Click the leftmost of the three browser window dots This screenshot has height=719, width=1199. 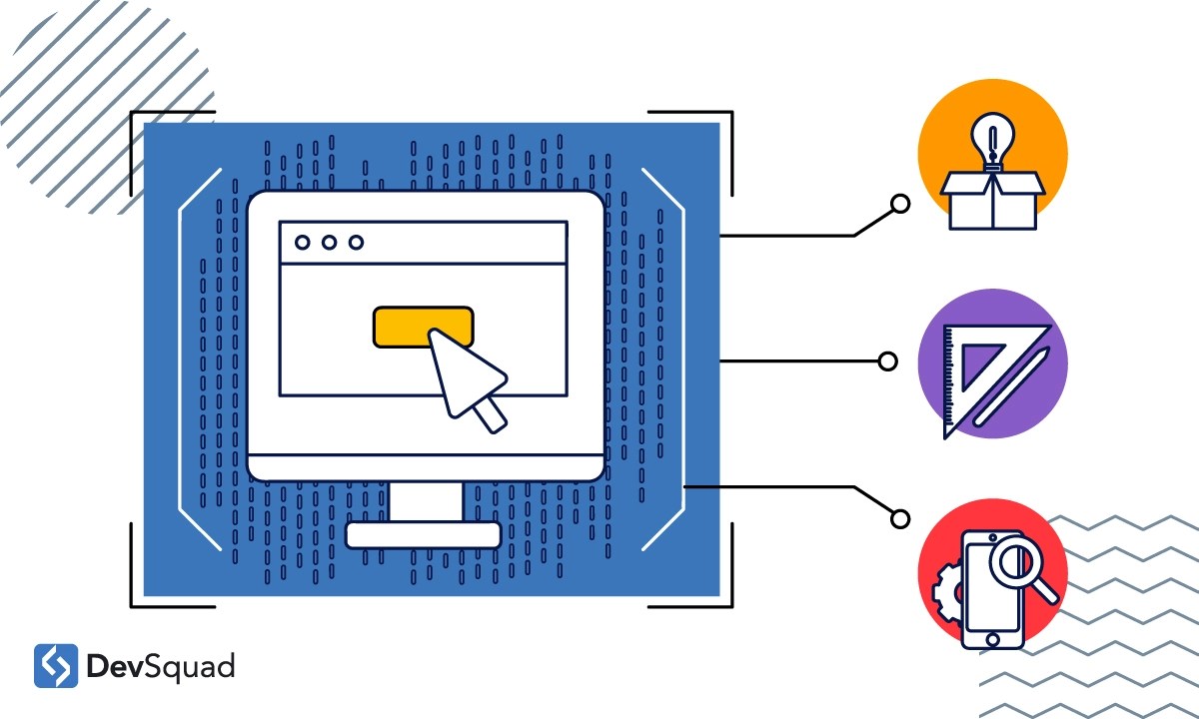click(301, 242)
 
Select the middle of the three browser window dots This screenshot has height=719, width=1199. click(329, 242)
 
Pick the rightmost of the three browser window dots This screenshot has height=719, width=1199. click(356, 242)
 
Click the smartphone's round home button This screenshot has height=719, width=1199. click(992, 638)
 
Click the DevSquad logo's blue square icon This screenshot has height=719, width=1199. click(56, 666)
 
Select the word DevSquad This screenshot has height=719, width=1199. click(161, 666)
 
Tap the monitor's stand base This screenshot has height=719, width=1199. click(423, 535)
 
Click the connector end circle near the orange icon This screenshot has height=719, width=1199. click(900, 205)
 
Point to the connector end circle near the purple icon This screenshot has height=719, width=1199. click(887, 361)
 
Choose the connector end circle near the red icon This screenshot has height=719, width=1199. click(900, 518)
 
